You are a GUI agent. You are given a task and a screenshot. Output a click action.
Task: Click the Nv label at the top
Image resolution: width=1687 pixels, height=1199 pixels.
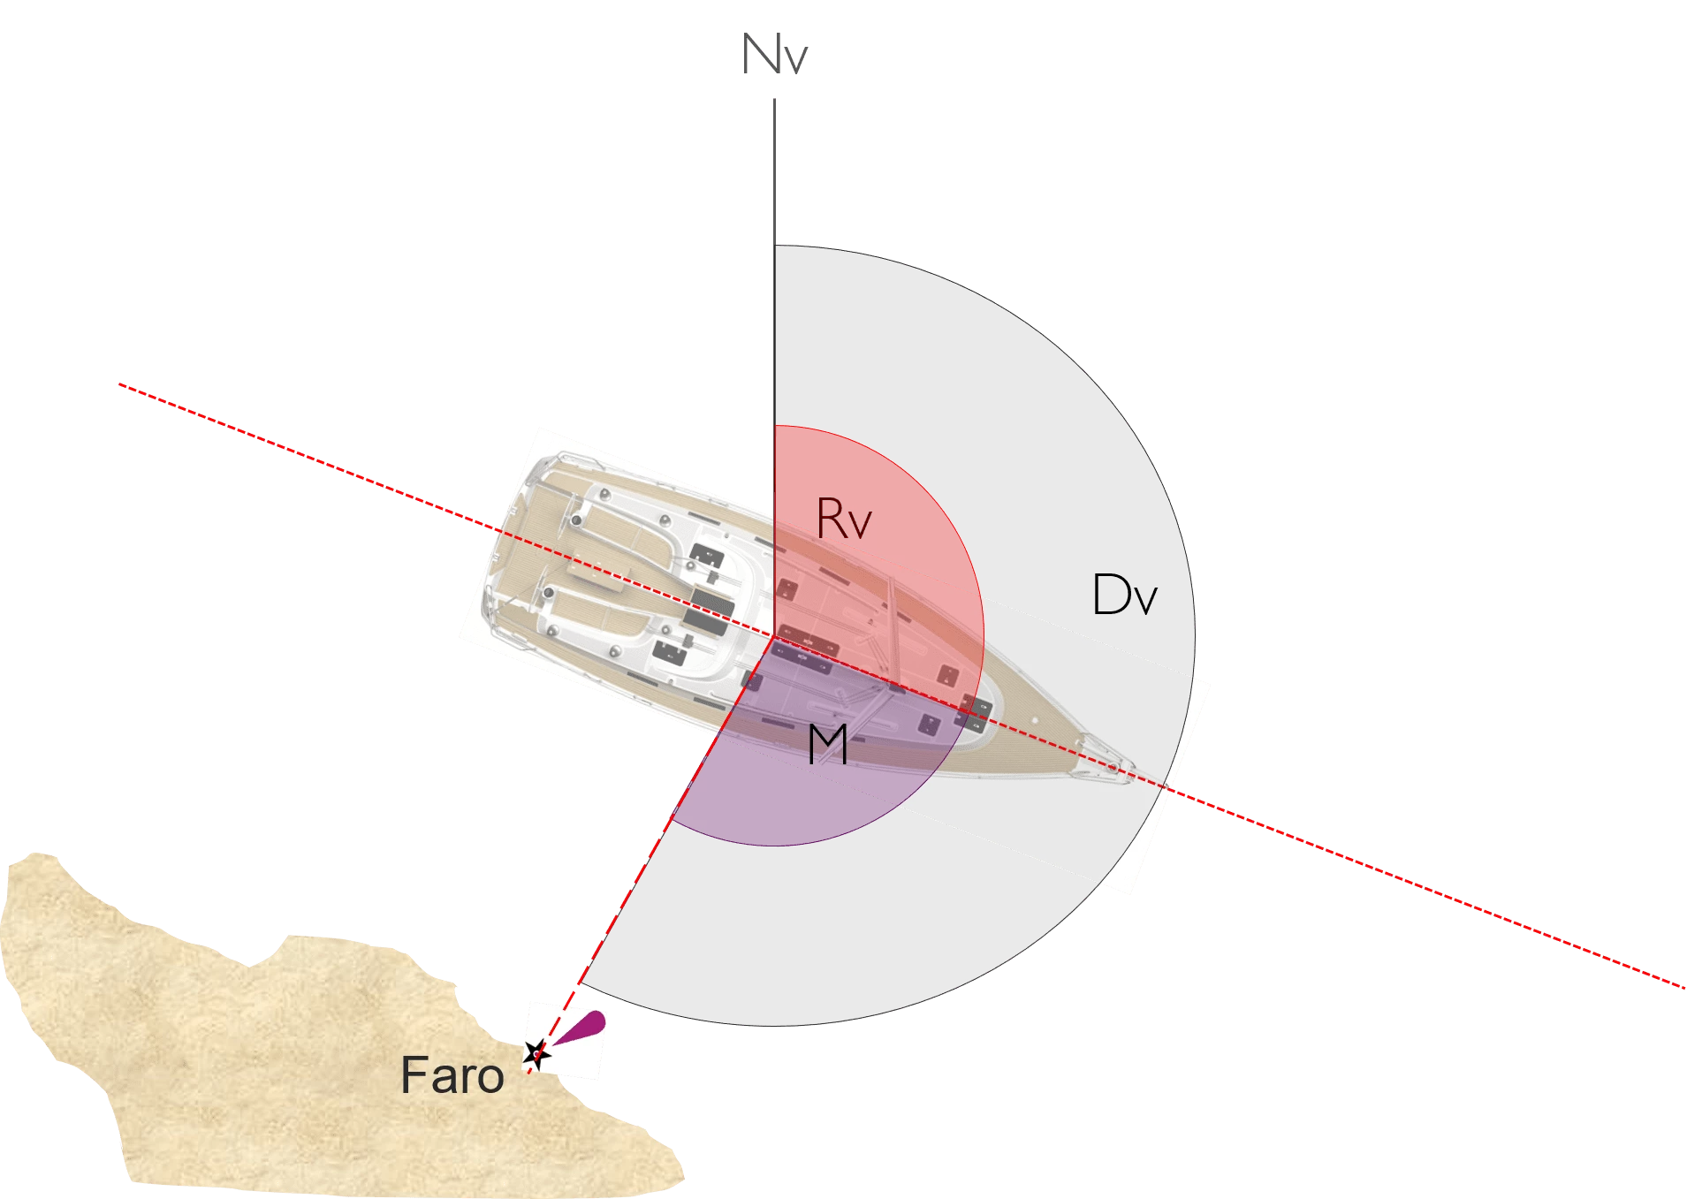click(x=774, y=54)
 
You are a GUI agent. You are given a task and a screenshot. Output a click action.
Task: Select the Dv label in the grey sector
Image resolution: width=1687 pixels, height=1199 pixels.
click(x=1124, y=594)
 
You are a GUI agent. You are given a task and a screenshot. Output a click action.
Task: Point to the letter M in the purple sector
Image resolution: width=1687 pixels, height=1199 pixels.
click(x=828, y=744)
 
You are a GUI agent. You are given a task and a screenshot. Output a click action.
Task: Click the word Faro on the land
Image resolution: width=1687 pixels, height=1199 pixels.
click(x=452, y=1074)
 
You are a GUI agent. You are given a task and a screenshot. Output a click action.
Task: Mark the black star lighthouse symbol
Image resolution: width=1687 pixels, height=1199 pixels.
click(x=536, y=1053)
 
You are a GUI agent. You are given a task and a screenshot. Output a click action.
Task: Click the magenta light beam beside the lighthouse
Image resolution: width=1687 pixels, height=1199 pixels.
click(x=581, y=1028)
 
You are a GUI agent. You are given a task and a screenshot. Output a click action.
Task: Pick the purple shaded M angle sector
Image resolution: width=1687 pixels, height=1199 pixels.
click(x=822, y=760)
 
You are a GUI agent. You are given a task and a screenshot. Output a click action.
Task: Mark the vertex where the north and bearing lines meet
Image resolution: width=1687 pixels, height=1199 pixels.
click(x=774, y=636)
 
